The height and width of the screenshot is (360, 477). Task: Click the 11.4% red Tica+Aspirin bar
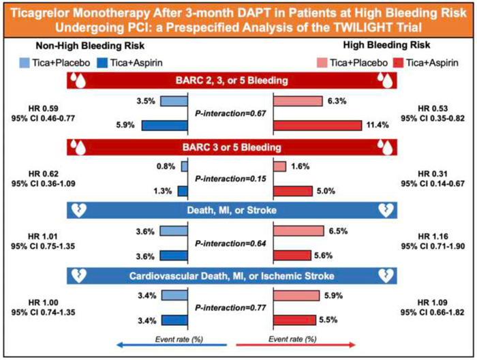coord(317,125)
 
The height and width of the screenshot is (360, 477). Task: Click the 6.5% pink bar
coord(298,232)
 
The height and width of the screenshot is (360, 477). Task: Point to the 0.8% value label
coord(166,166)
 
